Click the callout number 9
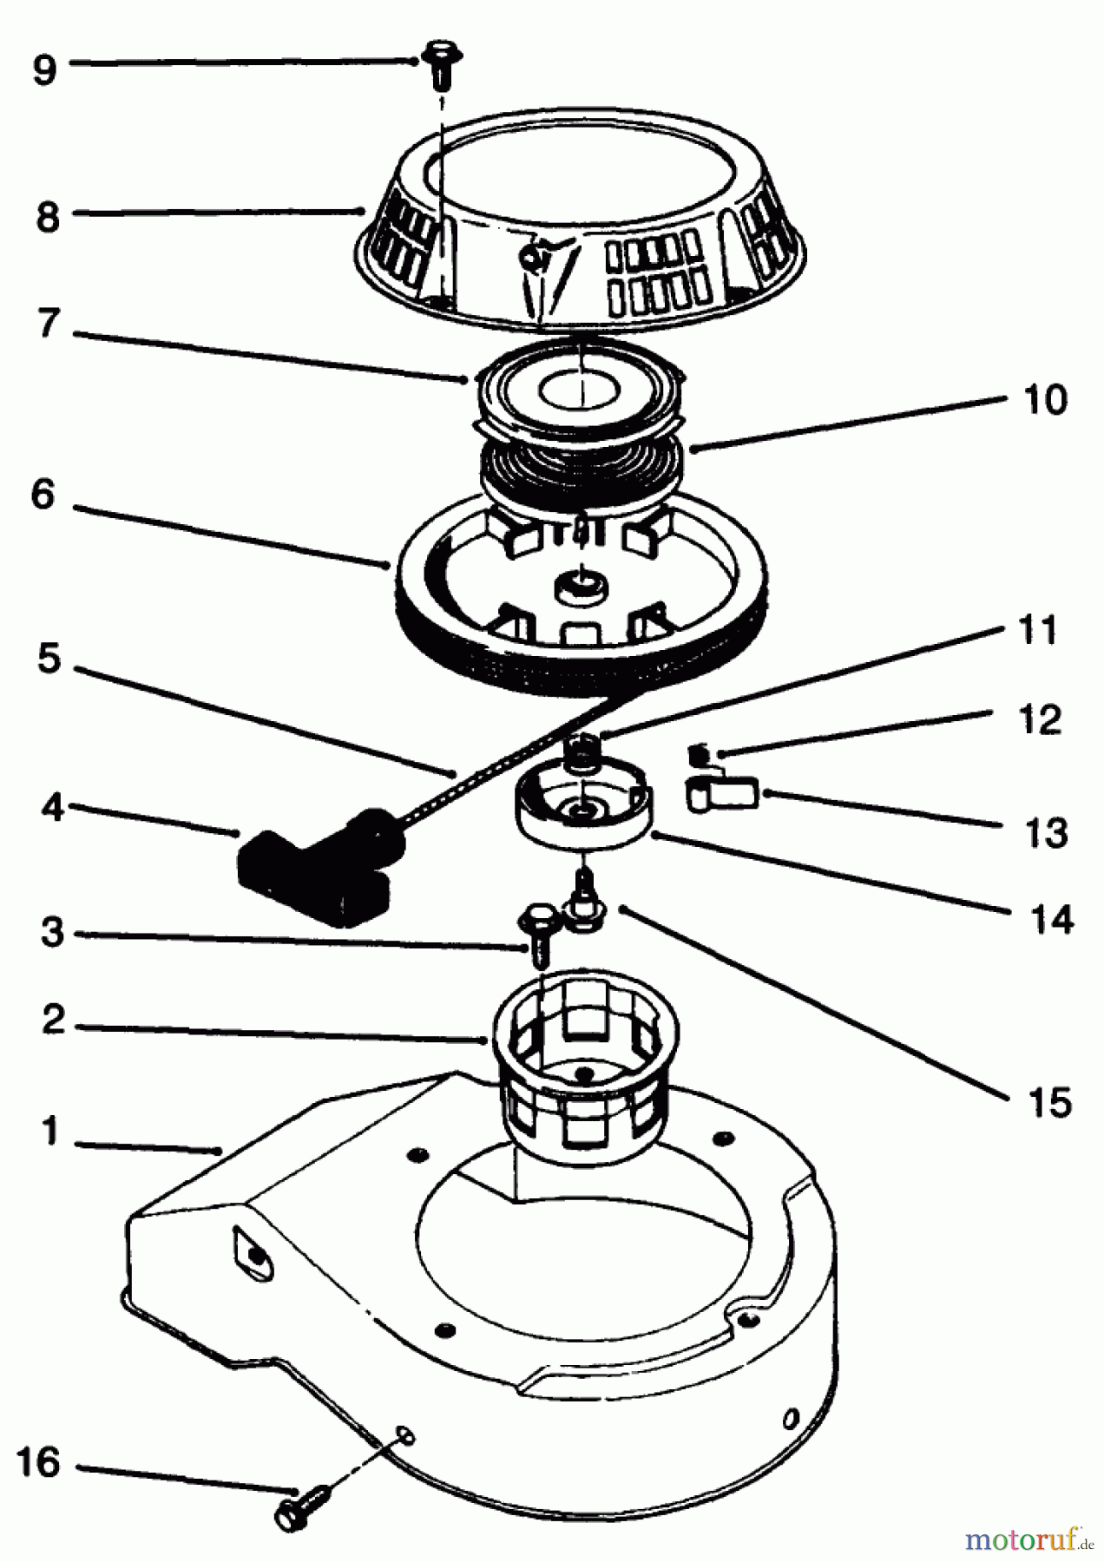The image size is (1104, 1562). click(x=44, y=68)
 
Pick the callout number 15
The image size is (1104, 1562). click(x=1050, y=1101)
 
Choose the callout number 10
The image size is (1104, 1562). click(x=1044, y=400)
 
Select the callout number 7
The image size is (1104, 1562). click(x=48, y=324)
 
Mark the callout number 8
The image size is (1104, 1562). click(x=48, y=216)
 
